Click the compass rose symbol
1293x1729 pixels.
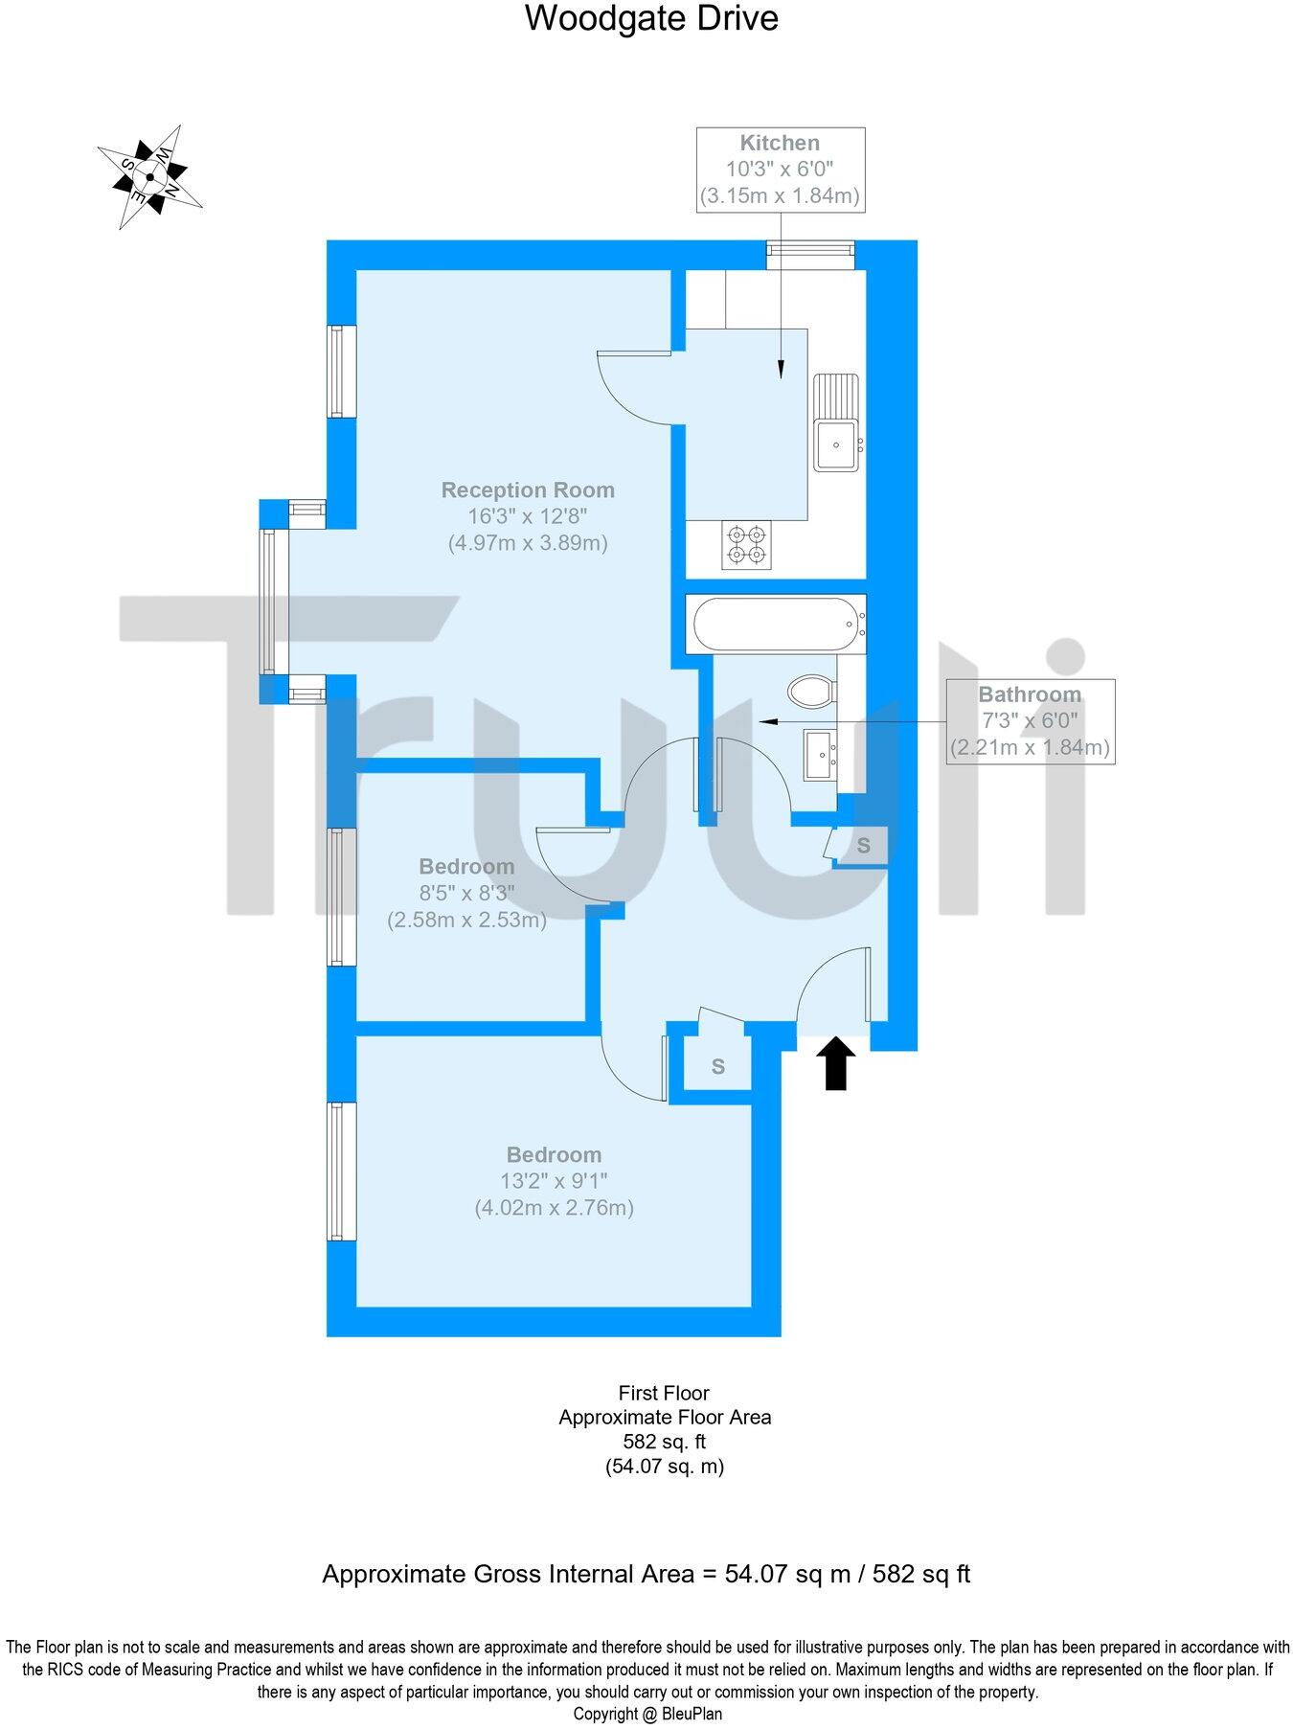[149, 176]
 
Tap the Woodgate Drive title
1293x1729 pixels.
[651, 18]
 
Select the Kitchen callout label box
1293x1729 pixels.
[780, 170]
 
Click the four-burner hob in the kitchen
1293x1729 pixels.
[745, 544]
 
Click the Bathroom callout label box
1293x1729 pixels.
[1030, 720]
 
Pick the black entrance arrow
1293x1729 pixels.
[837, 1062]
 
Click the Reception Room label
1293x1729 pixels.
[528, 490]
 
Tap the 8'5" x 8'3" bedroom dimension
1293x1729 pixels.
[466, 893]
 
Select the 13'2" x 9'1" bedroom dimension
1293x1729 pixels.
[554, 1181]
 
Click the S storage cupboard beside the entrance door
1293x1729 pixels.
[863, 846]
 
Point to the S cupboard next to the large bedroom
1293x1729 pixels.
[717, 1066]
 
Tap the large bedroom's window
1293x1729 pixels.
[342, 1171]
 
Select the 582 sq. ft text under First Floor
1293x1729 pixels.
[665, 1441]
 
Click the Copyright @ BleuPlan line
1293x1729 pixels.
[647, 1714]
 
